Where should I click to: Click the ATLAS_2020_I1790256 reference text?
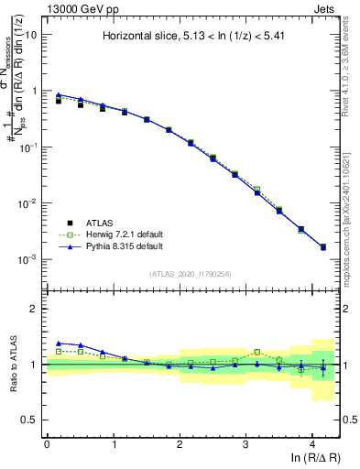pos(192,274)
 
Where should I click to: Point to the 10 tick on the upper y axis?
pos(31,35)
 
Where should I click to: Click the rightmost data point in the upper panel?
pos(322,247)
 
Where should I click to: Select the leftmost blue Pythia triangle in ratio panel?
pos(59,343)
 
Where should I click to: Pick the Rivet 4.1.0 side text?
pos(352,64)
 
